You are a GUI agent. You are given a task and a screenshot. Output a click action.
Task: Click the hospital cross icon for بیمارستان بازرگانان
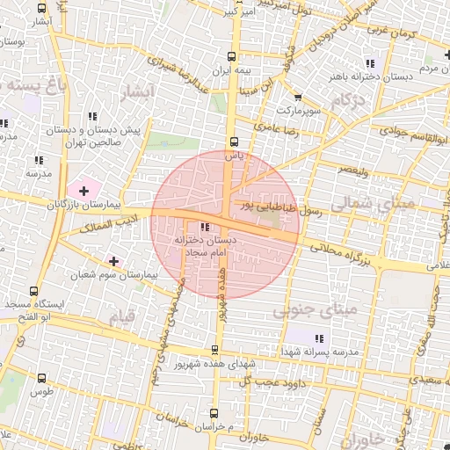point(83,190)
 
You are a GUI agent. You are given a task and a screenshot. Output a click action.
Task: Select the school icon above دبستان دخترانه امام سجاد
point(206,228)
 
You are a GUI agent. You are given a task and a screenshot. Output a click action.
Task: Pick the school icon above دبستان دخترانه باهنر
point(370,63)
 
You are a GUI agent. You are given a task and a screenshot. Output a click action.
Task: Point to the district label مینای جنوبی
point(316,310)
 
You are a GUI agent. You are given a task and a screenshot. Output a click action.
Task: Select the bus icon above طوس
point(41,378)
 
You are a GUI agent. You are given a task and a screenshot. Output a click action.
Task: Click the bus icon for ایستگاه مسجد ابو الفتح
point(33,291)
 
